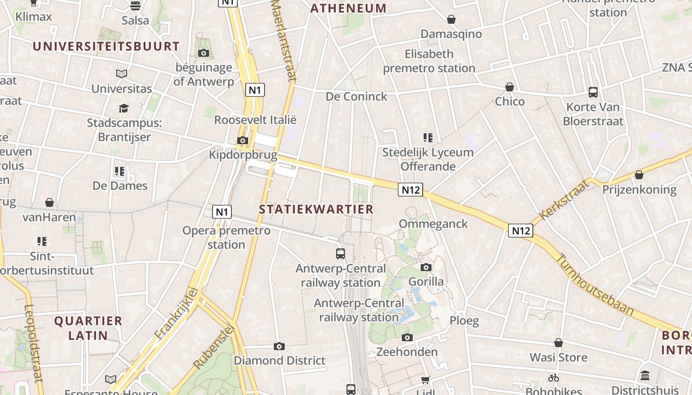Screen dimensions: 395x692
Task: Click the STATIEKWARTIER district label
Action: pyautogui.click(x=316, y=209)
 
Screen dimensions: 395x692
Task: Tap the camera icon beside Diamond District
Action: pyautogui.click(x=279, y=346)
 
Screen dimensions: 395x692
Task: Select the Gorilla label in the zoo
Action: pyautogui.click(x=426, y=282)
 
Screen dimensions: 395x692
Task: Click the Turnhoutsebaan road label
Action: pyautogui.click(x=595, y=284)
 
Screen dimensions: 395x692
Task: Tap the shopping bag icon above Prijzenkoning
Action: pyautogui.click(x=639, y=175)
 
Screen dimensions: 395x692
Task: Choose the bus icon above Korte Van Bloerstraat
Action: pyautogui.click(x=593, y=92)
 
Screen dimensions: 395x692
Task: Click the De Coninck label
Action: pyautogui.click(x=356, y=97)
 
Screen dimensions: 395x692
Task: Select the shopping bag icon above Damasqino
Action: pyautogui.click(x=451, y=19)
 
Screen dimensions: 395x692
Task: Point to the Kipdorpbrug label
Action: pyautogui.click(x=243, y=155)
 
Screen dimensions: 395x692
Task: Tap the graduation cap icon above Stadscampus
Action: pyautogui.click(x=124, y=108)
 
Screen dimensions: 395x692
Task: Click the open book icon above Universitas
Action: pyautogui.click(x=122, y=74)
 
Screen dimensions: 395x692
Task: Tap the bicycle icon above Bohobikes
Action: pyautogui.click(x=553, y=378)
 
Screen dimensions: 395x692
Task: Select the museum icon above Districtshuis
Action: pyautogui.click(x=645, y=376)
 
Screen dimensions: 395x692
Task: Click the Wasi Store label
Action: pyautogui.click(x=559, y=357)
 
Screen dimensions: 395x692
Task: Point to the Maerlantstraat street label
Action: pyautogui.click(x=284, y=39)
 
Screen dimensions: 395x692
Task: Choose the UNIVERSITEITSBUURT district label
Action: pyautogui.click(x=106, y=46)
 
